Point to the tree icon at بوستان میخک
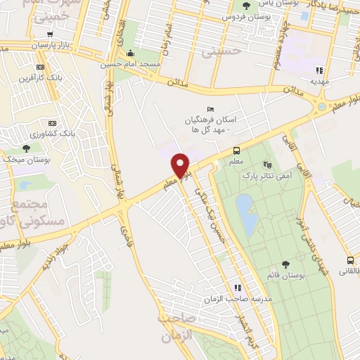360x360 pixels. pyautogui.click(x=26, y=148)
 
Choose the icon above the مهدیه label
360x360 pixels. pyautogui.click(x=319, y=70)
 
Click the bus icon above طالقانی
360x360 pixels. pyautogui.click(x=350, y=259)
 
